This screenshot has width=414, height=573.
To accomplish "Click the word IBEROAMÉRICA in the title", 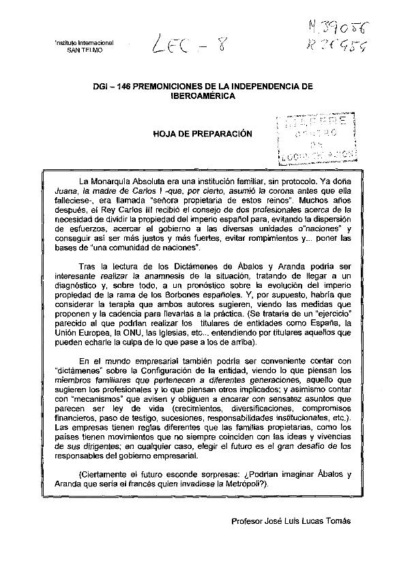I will click(x=203, y=98).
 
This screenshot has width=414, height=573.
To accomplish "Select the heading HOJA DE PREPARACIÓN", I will click(x=203, y=134).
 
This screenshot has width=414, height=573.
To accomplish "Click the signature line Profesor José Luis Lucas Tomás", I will click(x=291, y=522).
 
